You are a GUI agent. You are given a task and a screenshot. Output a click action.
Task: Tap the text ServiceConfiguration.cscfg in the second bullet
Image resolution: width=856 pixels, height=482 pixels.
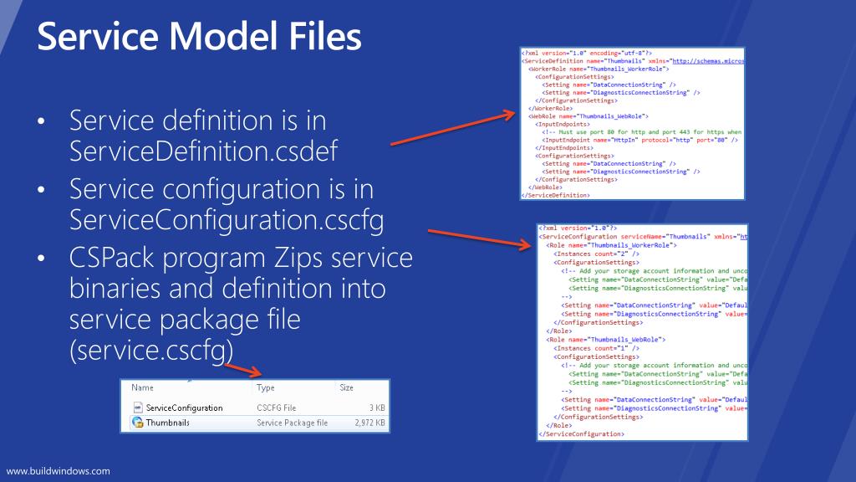click(x=226, y=220)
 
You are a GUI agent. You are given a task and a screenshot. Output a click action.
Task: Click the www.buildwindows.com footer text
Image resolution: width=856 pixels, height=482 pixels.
click(x=59, y=471)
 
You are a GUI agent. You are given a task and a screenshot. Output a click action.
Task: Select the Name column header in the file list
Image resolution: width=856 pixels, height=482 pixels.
click(x=143, y=388)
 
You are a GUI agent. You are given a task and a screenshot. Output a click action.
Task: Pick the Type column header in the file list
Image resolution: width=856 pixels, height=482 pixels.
click(x=266, y=388)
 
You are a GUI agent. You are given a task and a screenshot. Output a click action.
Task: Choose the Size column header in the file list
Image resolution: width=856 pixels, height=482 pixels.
click(x=347, y=388)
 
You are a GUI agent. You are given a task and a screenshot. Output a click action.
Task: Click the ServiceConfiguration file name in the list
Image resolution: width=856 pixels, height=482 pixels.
click(x=184, y=408)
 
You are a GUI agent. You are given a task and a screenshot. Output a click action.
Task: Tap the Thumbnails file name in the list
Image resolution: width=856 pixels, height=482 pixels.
click(x=167, y=423)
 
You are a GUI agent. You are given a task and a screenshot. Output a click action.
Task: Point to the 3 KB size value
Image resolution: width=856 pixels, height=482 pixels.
click(x=376, y=408)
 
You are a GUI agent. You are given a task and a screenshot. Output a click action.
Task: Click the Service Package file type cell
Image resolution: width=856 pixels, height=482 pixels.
click(x=292, y=423)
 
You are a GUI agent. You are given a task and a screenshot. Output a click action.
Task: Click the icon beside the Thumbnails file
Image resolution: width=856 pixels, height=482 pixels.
click(x=137, y=423)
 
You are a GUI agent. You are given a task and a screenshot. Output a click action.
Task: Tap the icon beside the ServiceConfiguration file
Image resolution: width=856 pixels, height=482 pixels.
click(x=137, y=408)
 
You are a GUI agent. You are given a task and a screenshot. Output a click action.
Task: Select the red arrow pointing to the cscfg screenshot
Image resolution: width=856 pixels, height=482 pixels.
click(x=481, y=238)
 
